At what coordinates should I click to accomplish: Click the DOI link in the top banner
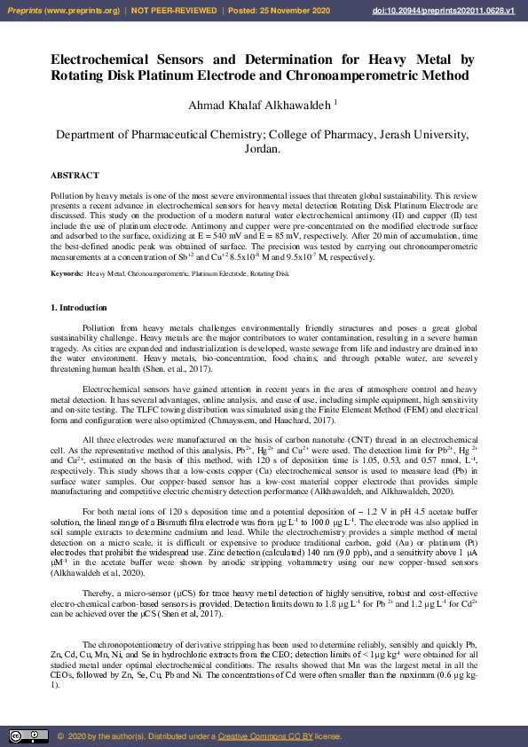[456, 10]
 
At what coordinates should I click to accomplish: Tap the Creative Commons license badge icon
[28, 736]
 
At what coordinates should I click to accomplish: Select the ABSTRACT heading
[75, 176]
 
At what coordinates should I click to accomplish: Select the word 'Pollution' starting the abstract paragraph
[67, 193]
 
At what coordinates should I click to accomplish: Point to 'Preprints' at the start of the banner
[26, 10]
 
